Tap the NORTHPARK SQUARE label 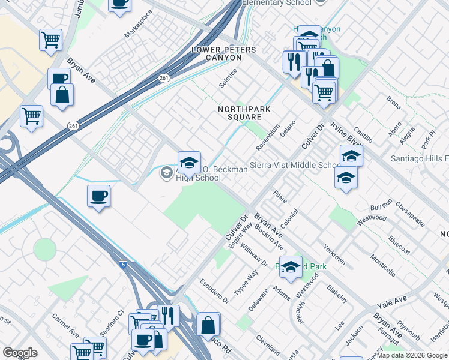tap(244, 113)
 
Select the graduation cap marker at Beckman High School tap(189, 162)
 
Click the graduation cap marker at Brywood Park tap(291, 268)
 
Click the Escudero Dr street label tap(214, 290)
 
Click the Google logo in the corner tap(20, 352)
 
